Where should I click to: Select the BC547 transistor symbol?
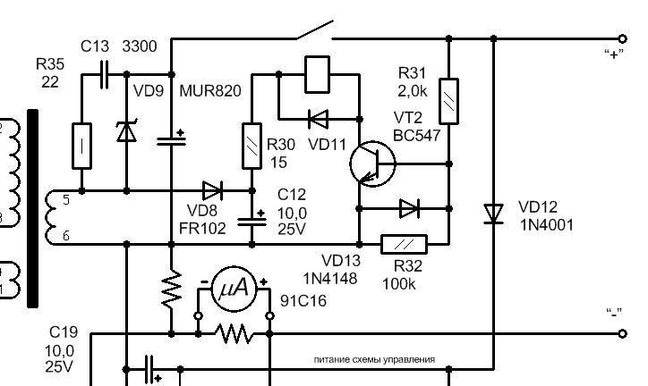click(x=372, y=164)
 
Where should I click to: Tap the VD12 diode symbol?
click(x=493, y=214)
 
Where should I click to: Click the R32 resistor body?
click(x=404, y=245)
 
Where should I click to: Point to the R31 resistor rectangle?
click(x=448, y=101)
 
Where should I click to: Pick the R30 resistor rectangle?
click(x=252, y=146)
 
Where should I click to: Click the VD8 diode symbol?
click(x=213, y=190)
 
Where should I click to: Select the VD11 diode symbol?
click(x=319, y=119)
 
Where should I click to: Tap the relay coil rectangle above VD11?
click(x=317, y=74)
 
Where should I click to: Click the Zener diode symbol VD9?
click(x=126, y=131)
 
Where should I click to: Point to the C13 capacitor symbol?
click(x=104, y=74)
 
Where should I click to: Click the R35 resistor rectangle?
click(x=81, y=146)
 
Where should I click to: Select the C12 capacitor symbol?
click(x=252, y=221)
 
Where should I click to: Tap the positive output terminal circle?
click(x=622, y=38)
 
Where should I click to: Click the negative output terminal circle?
click(x=622, y=333)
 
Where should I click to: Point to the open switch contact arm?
click(x=314, y=29)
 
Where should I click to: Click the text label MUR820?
click(x=210, y=91)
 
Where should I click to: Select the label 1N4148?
click(x=330, y=279)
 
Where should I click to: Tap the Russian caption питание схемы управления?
click(x=374, y=359)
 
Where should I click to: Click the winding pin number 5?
click(x=66, y=200)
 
